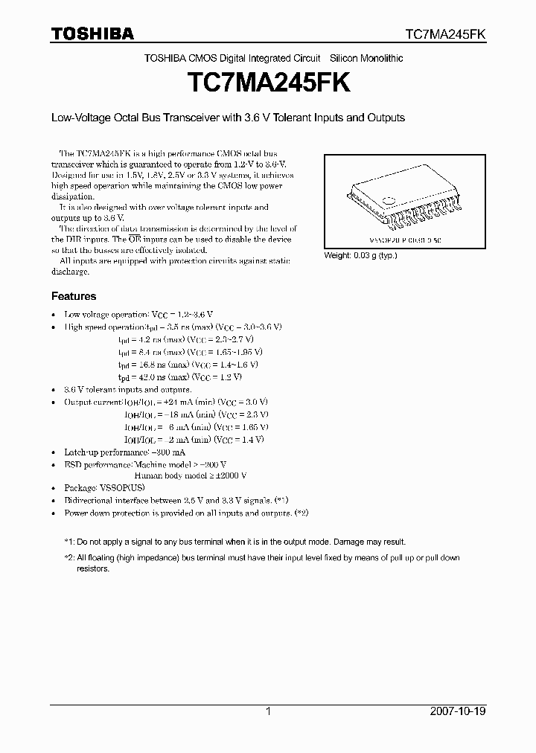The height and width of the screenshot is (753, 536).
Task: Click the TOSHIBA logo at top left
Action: [x=92, y=33]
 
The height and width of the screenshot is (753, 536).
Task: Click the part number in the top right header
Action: [x=444, y=34]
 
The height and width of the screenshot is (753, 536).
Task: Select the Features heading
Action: [x=73, y=296]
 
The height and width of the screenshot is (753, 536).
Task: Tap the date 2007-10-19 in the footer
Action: [x=458, y=711]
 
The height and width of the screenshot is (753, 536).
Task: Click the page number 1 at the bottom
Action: [x=268, y=711]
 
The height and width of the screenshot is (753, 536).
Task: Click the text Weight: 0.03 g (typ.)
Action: [x=360, y=255]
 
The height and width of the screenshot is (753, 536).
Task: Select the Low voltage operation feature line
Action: [x=130, y=315]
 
